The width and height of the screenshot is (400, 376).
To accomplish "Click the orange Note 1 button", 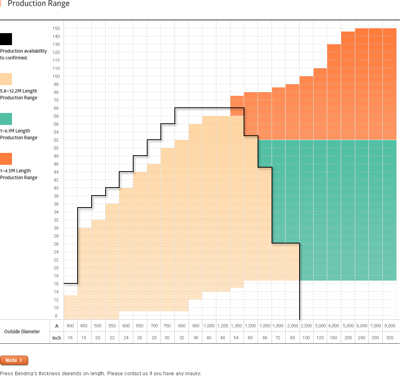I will coord(14,360).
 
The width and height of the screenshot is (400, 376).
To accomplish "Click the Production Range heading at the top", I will coord(38,4).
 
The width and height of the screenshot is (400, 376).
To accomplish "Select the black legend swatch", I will coord(6,39).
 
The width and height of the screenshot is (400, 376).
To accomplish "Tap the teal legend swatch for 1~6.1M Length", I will coord(6,119).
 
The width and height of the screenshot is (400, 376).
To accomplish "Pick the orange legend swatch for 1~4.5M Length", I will coord(6,159).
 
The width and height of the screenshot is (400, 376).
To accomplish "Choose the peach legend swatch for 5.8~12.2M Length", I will coord(6,79).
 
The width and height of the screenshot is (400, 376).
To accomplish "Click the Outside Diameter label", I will coord(22,331).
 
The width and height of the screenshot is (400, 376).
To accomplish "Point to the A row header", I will coord(57,326).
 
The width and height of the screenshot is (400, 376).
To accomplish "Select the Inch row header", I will coord(57,338).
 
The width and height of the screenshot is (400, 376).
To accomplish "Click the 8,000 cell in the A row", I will coord(389,326).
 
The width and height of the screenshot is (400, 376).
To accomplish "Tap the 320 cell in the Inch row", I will coord(389,338).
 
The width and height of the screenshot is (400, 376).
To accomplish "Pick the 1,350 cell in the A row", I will coord(237,326).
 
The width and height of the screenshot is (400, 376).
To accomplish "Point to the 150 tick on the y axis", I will coord(56,28).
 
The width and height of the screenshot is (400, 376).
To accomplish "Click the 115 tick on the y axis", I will coord(56,60).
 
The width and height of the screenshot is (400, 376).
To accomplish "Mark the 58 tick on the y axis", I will coord(56,116).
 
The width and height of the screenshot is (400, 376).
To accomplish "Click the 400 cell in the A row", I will coord(70,326).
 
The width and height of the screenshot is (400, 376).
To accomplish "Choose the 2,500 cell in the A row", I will coord(306,326).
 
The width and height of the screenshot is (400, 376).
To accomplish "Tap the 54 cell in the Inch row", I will coord(237,338).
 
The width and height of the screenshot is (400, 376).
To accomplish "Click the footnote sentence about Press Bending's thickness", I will coord(100,373).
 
